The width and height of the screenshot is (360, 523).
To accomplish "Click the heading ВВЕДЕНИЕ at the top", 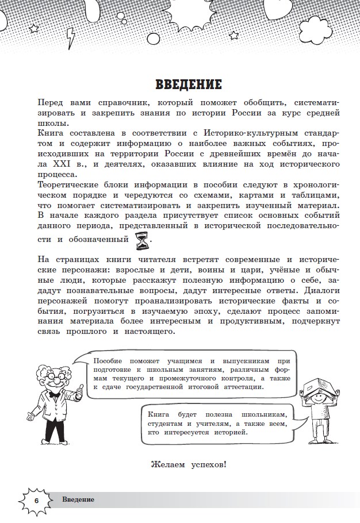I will (188, 84).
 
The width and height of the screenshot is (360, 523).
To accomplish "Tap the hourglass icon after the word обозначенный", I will (141, 242).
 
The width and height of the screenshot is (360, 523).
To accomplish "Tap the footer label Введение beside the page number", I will (79, 500).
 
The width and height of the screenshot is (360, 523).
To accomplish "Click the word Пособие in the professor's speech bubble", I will (107, 360).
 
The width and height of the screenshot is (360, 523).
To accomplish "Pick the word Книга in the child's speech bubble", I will (158, 413).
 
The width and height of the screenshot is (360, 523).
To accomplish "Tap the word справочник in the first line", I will (110, 102).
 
